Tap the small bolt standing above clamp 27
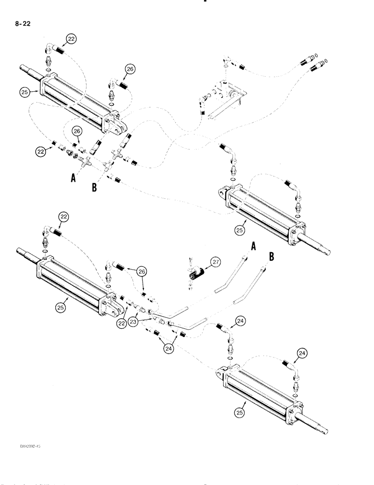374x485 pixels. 191,260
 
